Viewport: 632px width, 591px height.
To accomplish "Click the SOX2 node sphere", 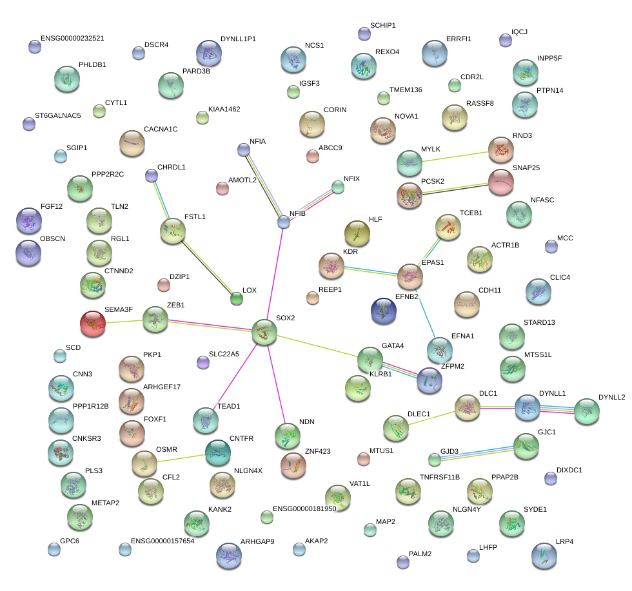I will [264, 332].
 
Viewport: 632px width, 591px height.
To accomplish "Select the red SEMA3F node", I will [93, 324].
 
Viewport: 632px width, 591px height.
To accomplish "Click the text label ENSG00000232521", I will [72, 39].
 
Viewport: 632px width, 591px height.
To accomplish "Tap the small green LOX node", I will [237, 298].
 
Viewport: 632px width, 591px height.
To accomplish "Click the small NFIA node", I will [243, 150].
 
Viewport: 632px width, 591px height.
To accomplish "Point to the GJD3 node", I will [435, 460].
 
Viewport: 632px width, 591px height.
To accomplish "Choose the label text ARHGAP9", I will [257, 541].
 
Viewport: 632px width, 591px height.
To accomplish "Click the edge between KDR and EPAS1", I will [371, 270].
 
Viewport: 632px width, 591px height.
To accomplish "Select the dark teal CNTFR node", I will [218, 453].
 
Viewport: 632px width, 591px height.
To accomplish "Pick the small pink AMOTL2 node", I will [222, 188].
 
